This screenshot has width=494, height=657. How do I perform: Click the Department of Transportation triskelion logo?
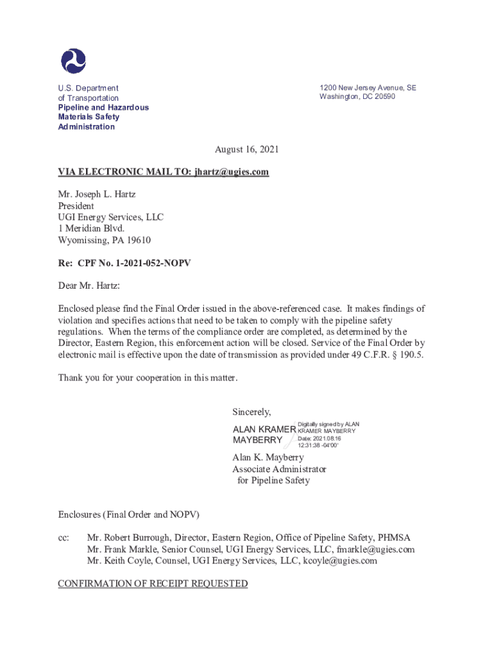[73, 61]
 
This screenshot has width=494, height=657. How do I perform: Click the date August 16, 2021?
[246, 149]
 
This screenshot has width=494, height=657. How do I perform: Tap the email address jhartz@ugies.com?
[231, 172]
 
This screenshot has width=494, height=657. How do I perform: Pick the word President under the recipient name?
[76, 206]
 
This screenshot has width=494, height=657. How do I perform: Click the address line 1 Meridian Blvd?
[91, 228]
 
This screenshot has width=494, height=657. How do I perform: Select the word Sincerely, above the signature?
[251, 411]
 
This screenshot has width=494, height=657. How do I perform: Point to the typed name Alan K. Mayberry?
[268, 457]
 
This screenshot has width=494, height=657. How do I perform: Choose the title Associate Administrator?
[279, 469]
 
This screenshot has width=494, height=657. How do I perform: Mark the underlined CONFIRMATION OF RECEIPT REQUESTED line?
[153, 583]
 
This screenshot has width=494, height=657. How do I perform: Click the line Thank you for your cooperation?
[148, 378]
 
